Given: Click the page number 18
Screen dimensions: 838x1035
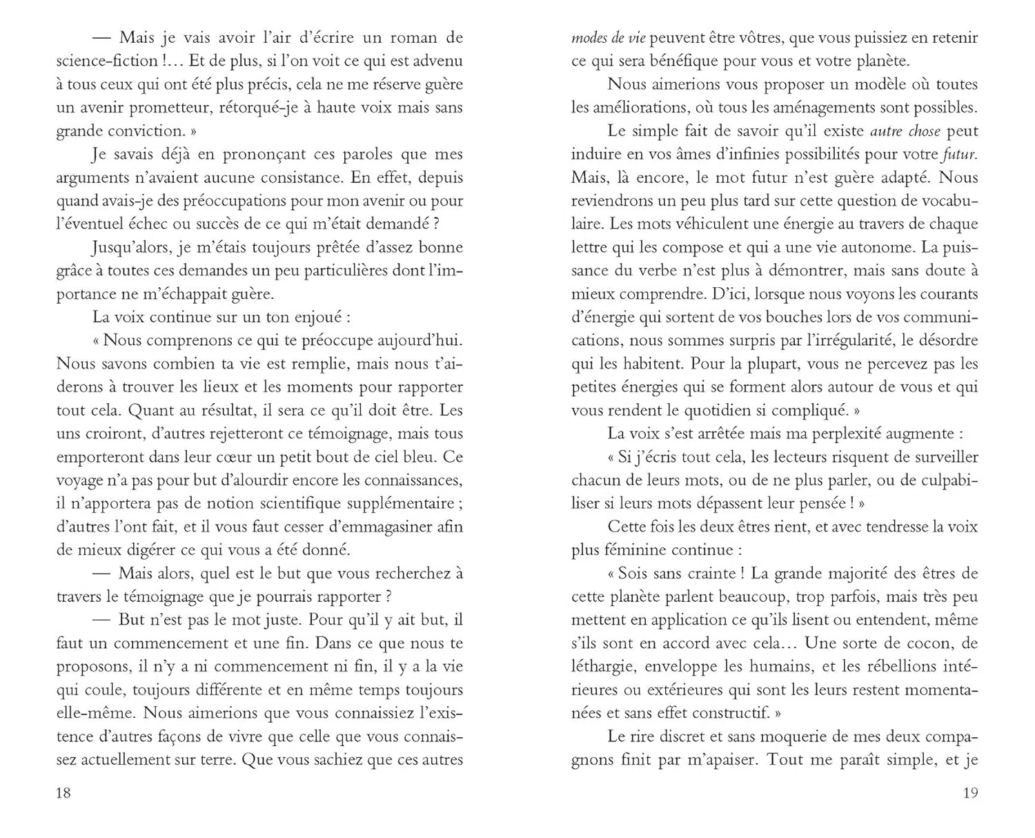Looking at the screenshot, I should [x=63, y=792].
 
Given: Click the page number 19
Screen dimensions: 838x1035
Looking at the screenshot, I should [x=970, y=792].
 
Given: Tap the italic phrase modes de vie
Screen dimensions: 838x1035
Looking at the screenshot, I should [x=608, y=38].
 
